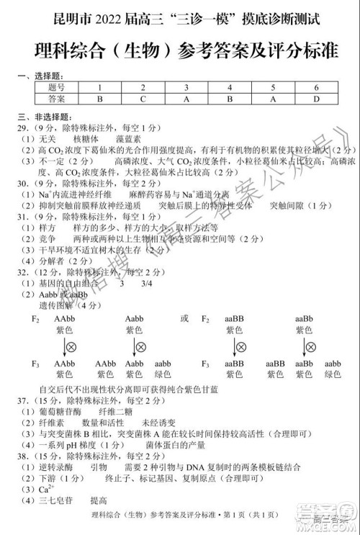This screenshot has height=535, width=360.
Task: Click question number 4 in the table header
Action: (229, 87)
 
